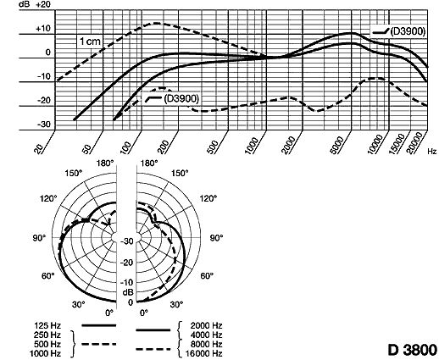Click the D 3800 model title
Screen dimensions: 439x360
tap(413, 350)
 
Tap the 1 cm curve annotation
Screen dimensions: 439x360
tap(90, 42)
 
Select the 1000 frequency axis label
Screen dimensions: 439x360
tap(252, 146)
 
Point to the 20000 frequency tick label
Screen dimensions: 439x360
tap(416, 143)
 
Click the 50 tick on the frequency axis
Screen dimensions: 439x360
tap(87, 149)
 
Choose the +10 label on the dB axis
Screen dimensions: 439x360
tap(43, 29)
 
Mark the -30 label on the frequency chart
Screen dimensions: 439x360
tap(44, 125)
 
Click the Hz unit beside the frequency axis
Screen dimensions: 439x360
tap(432, 152)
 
